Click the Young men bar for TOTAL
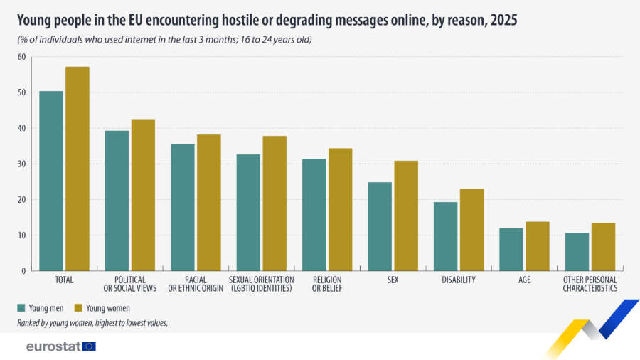click(x=51, y=181)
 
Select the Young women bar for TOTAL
click(x=78, y=169)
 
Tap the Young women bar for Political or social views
click(x=143, y=195)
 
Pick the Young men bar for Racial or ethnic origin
click(x=183, y=207)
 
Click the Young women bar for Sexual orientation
click(x=274, y=203)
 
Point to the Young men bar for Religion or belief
click(x=314, y=215)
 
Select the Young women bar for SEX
click(x=406, y=216)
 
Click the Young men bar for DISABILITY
click(x=446, y=236)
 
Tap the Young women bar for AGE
click(x=538, y=246)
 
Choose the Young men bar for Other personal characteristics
click(x=577, y=252)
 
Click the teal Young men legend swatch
click(x=21, y=308)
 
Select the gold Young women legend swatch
click(x=78, y=308)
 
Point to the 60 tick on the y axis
click(x=21, y=57)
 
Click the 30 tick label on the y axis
click(x=21, y=164)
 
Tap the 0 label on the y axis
click(x=23, y=271)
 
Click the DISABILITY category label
click(x=459, y=280)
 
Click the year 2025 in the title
click(x=504, y=20)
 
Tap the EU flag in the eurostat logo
click(x=89, y=346)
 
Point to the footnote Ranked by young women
click(x=92, y=323)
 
